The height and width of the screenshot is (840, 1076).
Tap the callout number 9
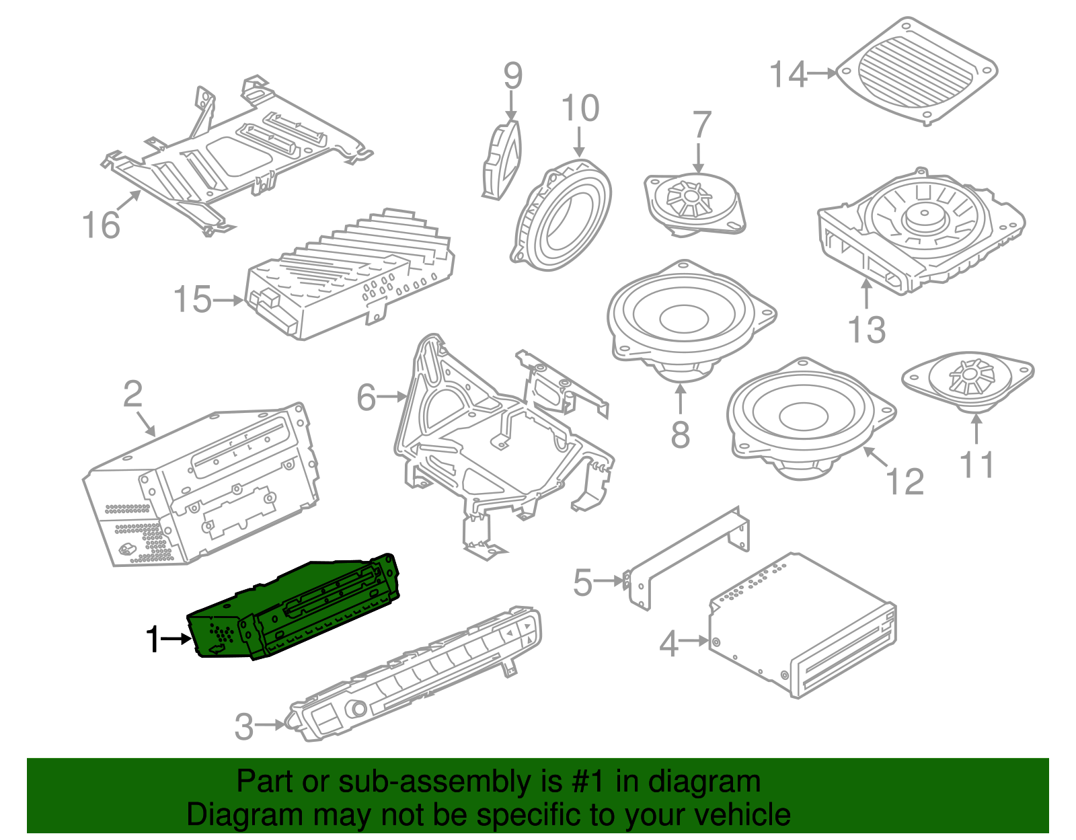coord(512,75)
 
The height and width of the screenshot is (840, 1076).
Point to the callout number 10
coord(580,108)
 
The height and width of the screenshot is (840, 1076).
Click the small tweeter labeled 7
coord(695,201)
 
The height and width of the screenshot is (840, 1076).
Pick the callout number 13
coord(867,330)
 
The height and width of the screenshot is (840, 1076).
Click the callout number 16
coord(101,225)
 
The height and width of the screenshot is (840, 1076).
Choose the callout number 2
coord(133,393)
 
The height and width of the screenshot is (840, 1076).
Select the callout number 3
coord(244,726)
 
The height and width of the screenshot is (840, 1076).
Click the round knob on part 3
coord(357,709)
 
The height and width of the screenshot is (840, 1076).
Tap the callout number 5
coord(583,582)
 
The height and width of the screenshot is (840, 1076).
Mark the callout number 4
coord(668,644)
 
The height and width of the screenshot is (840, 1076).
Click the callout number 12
coord(905,482)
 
